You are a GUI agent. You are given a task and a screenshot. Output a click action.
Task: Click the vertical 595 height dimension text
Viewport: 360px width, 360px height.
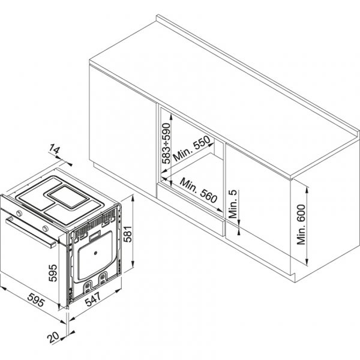point(53,273)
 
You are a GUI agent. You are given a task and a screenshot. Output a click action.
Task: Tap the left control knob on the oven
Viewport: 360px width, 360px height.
point(20,213)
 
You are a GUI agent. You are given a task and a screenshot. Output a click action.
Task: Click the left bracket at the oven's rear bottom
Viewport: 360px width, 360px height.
point(88,280)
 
